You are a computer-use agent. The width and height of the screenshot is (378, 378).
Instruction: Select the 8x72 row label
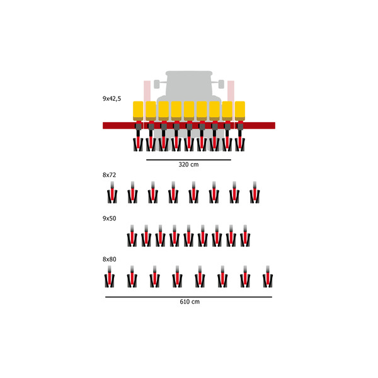[110, 174]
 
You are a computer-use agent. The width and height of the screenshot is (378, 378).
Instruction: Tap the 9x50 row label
[110, 218]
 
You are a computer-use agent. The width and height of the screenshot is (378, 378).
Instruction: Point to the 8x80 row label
[110, 259]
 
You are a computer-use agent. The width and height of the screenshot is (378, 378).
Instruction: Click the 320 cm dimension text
[188, 165]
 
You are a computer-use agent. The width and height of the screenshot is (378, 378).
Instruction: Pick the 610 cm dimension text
[189, 302]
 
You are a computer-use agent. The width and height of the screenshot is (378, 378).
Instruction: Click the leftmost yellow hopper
[138, 110]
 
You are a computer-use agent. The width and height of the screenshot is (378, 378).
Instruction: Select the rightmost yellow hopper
[240, 110]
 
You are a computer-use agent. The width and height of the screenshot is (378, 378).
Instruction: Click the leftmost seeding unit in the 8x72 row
[112, 193]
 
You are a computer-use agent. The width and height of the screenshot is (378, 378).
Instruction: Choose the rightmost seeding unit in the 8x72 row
[255, 193]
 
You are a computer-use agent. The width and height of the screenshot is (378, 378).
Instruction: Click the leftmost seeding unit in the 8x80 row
[110, 278]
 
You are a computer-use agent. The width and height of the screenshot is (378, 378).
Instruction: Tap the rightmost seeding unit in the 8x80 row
[266, 278]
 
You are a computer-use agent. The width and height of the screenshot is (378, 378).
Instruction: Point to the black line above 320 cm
[188, 160]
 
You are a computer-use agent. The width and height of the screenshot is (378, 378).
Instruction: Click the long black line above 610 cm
[189, 297]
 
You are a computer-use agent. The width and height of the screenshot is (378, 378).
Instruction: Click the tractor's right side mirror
[220, 83]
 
